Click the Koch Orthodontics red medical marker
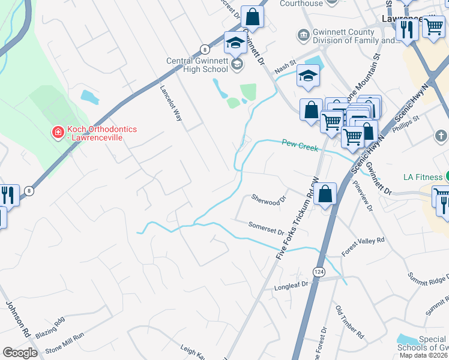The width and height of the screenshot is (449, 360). [x=58, y=132]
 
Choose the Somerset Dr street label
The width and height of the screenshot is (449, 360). [x=266, y=227]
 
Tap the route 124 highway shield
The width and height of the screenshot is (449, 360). [x=319, y=272]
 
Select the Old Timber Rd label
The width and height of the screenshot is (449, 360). [x=350, y=320]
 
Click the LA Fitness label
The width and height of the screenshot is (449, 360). [x=423, y=176]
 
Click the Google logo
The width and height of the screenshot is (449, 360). [x=20, y=353]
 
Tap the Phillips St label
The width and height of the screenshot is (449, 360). [x=406, y=128]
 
